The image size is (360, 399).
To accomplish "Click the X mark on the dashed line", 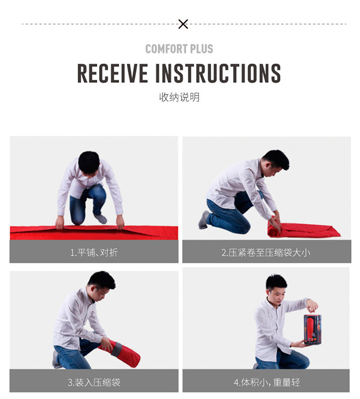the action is pos(183,24).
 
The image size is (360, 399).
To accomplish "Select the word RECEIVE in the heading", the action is pos(112,73).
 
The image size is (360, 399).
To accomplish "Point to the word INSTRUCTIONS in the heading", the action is pos(218,73).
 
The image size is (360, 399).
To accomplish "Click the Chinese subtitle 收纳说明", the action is pos(179,97).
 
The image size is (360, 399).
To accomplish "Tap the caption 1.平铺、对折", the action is pos(94,253).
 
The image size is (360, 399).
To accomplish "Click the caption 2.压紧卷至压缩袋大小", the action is pos(266,253).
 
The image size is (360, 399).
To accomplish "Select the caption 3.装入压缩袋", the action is pos(94,382).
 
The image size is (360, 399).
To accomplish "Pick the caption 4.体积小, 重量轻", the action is pos(267,382).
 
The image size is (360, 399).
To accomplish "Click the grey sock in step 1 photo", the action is pos(101,219).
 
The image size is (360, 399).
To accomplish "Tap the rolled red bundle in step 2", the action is pos(274,228).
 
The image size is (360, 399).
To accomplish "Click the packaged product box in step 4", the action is pos(312,330).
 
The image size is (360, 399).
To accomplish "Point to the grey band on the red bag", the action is pos(116,349).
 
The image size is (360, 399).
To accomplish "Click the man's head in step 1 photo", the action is pos(89,163).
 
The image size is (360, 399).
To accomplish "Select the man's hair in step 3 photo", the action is pos(102,280).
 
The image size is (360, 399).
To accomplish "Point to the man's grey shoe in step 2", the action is pos(204,220).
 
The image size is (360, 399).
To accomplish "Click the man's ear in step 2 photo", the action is pos(269,165).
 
